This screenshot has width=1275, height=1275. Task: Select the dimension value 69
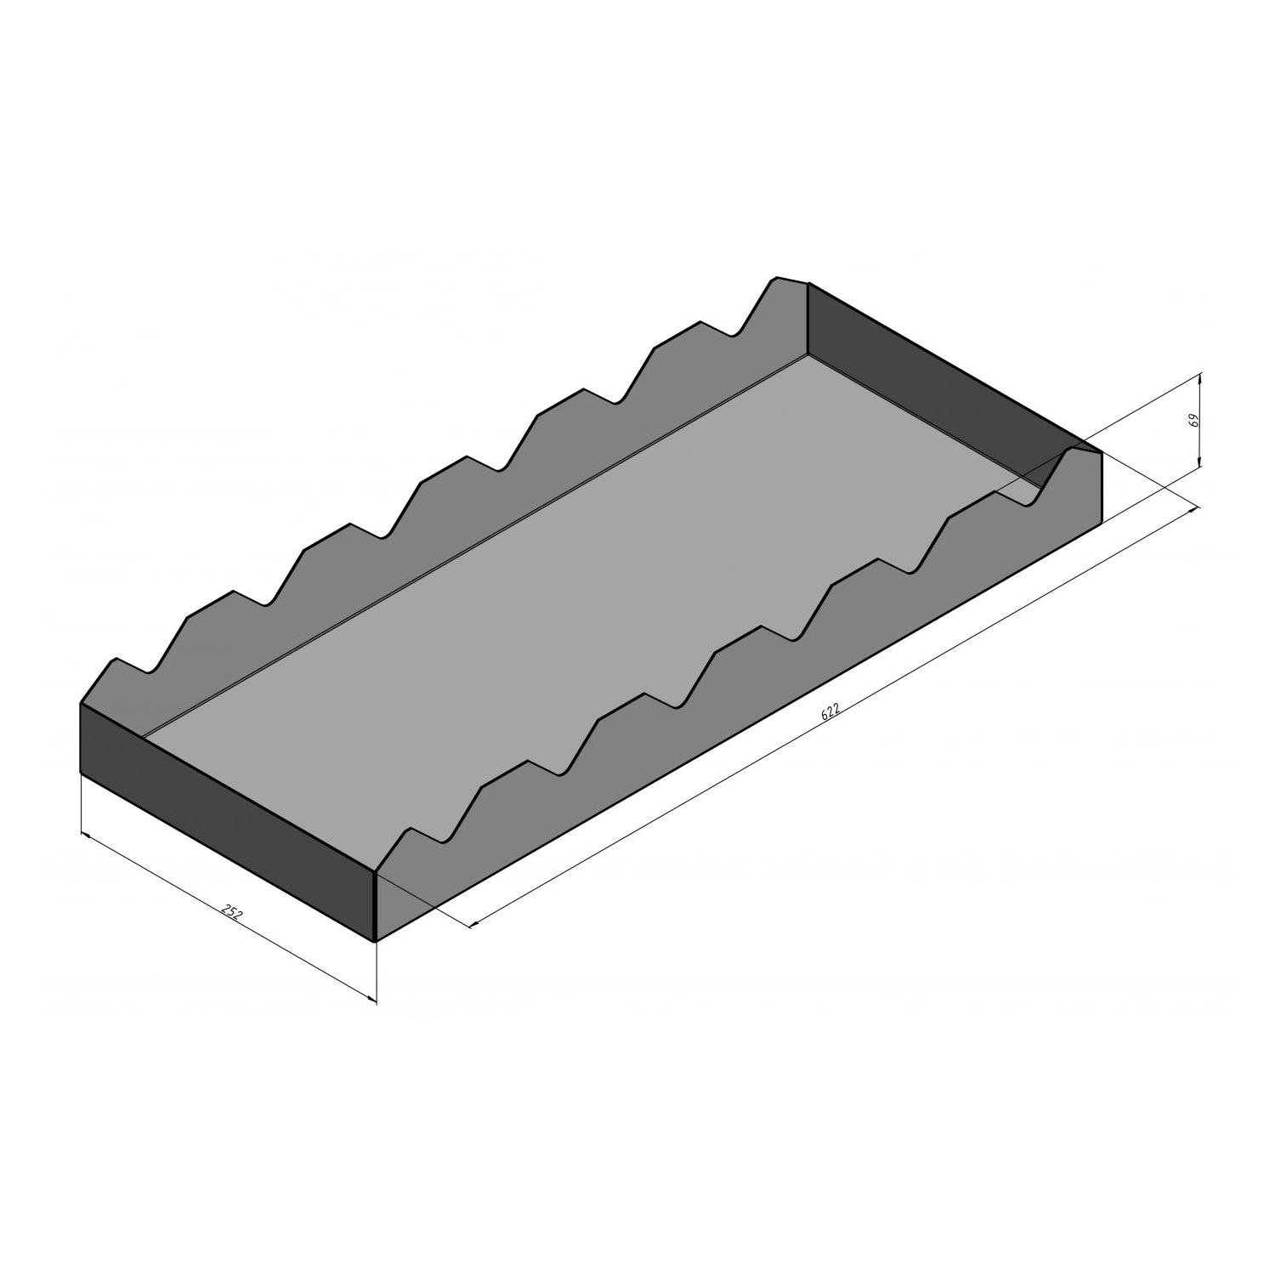click(1193, 420)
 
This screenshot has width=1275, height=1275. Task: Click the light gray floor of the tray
click(586, 561)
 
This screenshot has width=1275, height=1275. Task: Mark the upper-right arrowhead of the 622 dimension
click(1193, 509)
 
